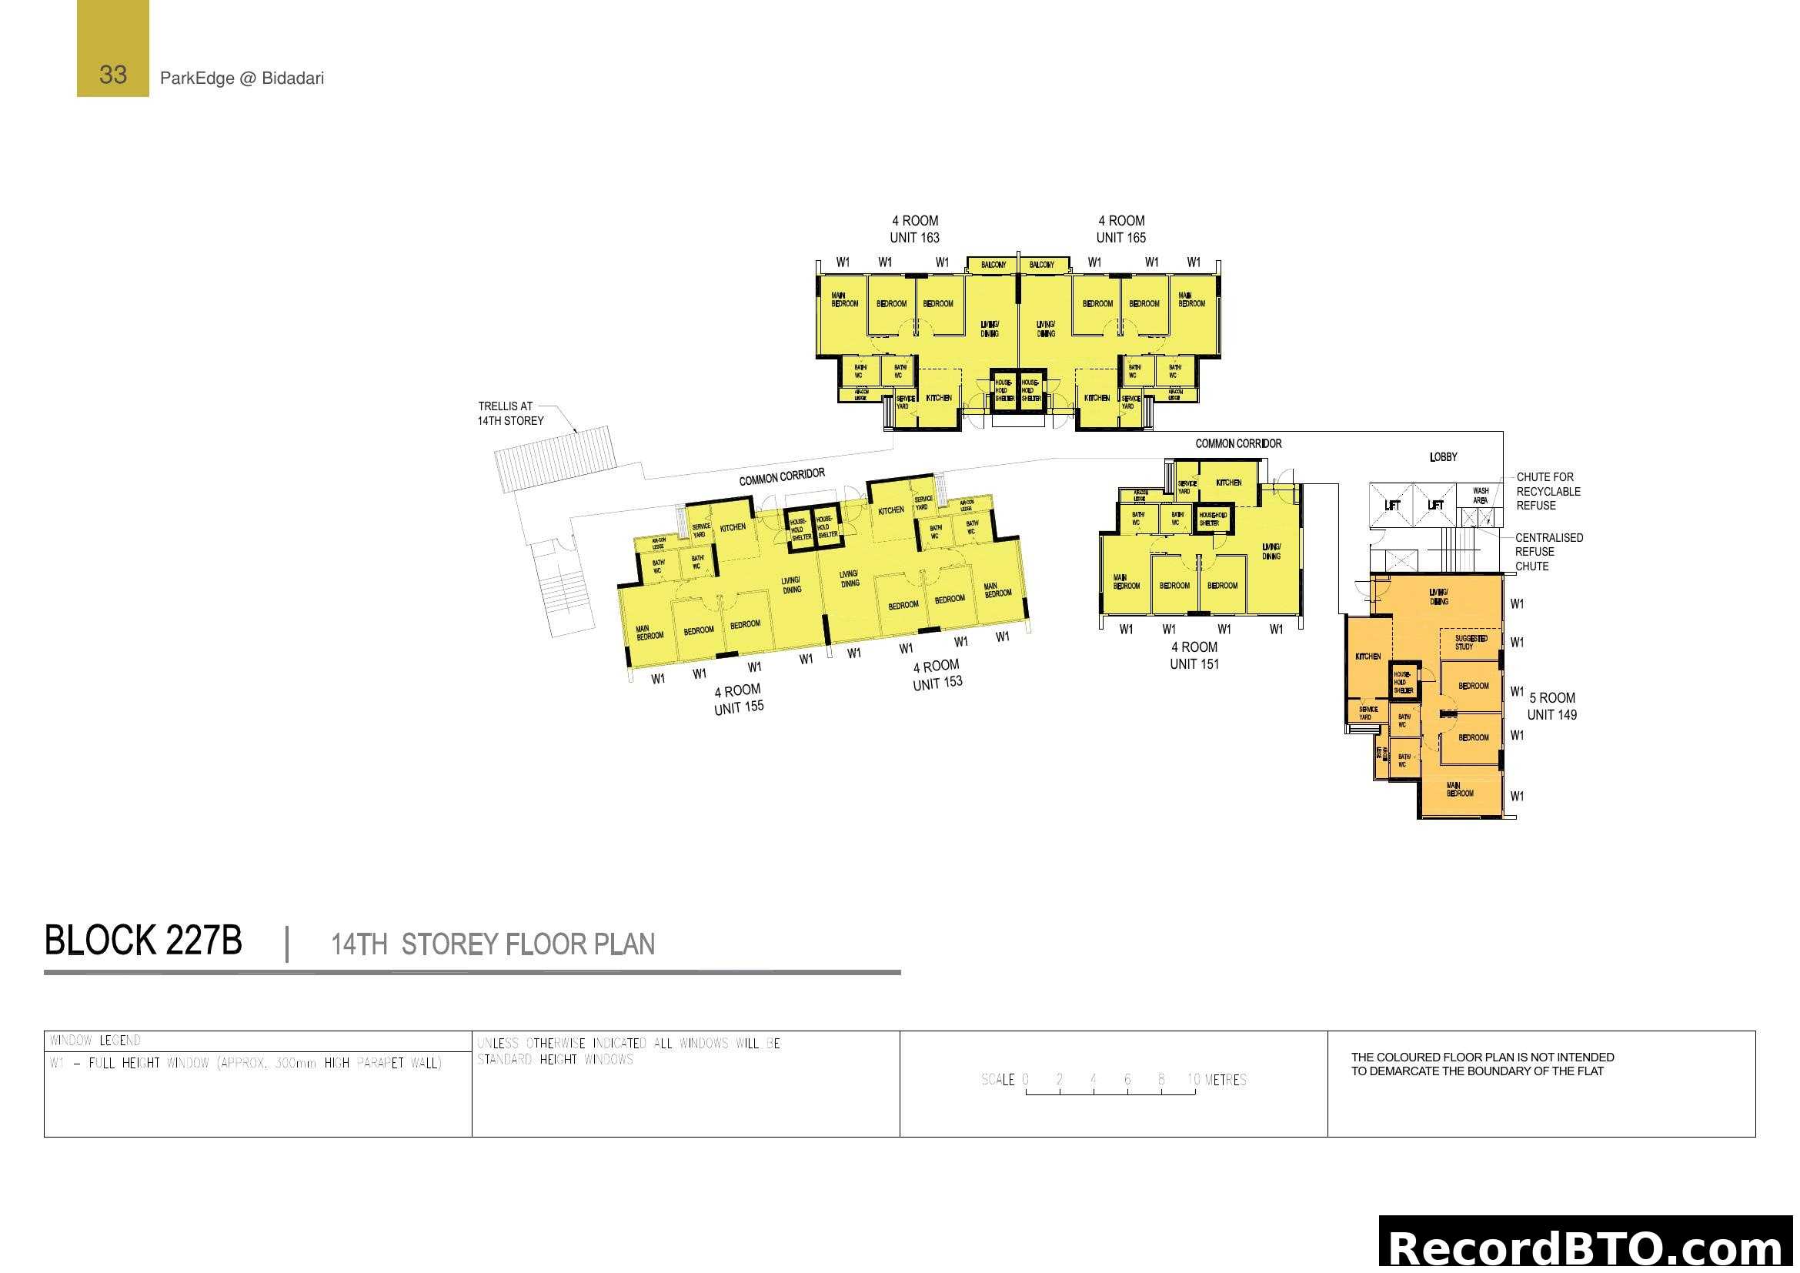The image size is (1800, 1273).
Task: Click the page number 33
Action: tap(113, 75)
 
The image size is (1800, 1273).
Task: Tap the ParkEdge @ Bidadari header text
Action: tap(242, 79)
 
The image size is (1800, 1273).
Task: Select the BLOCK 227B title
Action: tap(143, 941)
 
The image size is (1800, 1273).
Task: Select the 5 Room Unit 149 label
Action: tap(1551, 707)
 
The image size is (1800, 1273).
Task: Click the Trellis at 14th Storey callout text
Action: tap(510, 414)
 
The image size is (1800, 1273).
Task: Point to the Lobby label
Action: tap(1443, 457)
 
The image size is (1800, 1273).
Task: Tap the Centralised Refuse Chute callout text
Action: tap(1548, 552)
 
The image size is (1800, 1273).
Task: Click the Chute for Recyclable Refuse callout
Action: tap(1548, 492)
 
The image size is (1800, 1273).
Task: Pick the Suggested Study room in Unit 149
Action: tap(1470, 643)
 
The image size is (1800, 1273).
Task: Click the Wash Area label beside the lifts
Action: tap(1480, 496)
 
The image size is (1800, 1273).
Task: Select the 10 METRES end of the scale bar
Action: tap(1216, 1080)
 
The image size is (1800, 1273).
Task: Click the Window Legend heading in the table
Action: tap(95, 1041)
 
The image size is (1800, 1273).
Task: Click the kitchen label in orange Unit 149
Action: tap(1368, 656)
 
